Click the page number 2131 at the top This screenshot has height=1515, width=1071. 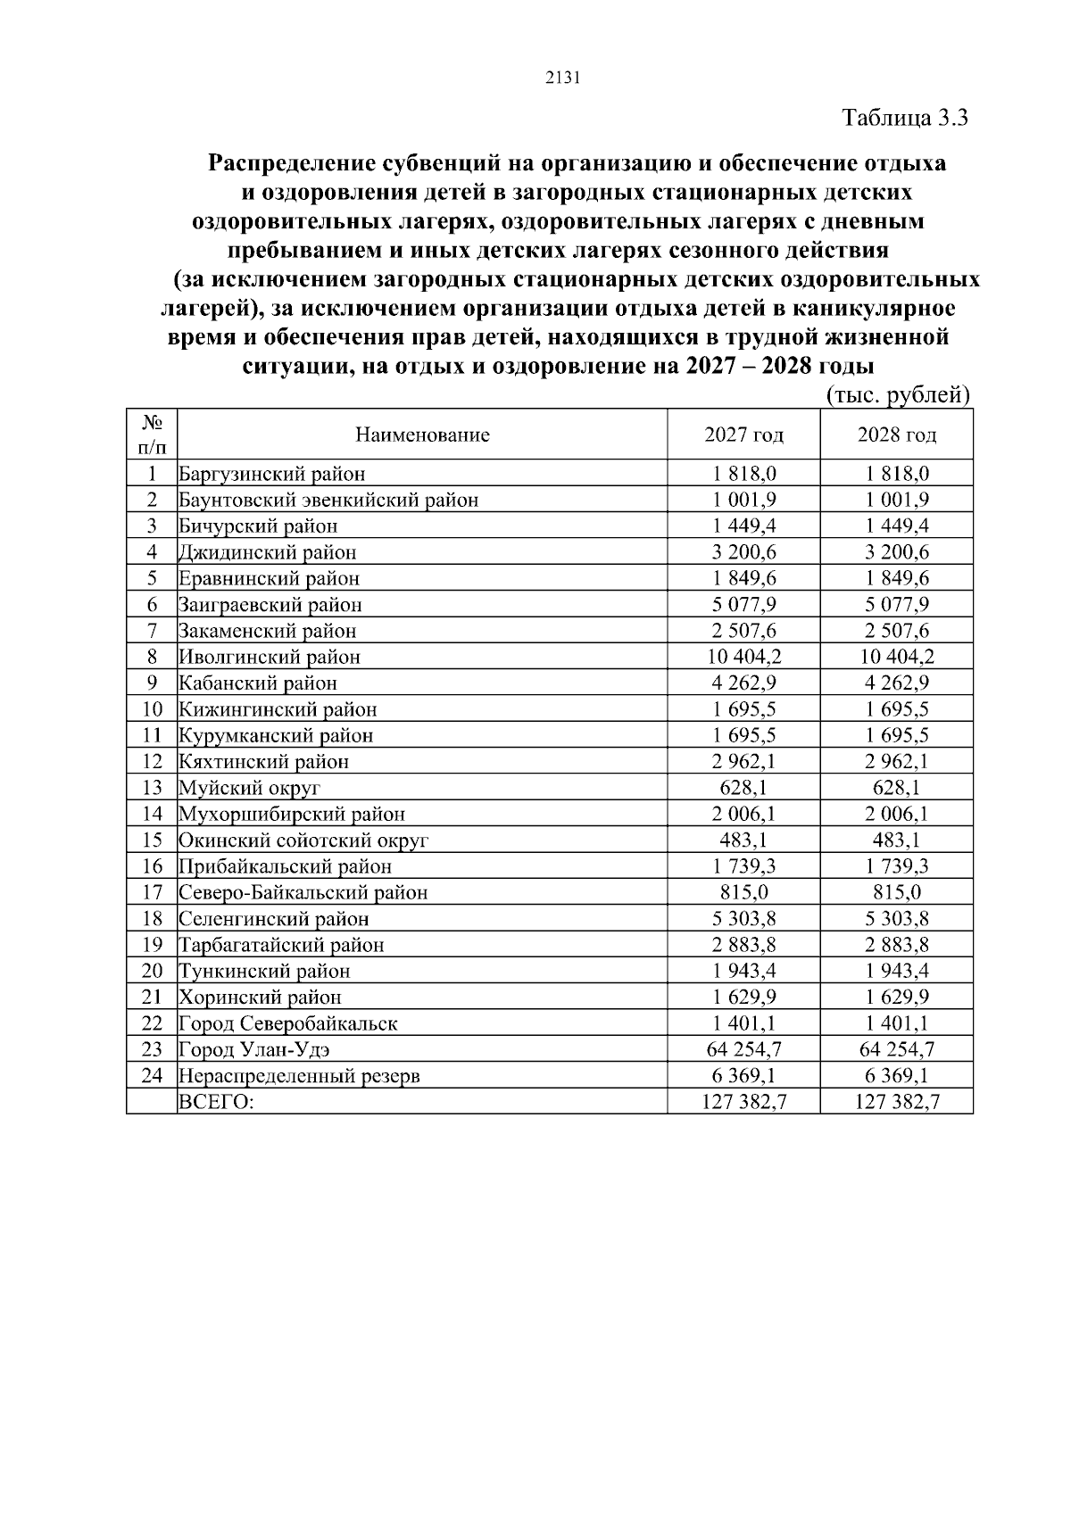tap(562, 79)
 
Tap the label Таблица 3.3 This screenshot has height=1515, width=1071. tap(905, 118)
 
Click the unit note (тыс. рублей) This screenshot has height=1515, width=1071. tap(897, 395)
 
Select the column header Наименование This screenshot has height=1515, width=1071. tap(422, 435)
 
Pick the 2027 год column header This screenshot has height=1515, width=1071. tap(743, 435)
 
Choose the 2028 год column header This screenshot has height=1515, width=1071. tap(896, 435)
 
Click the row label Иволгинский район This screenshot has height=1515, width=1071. tap(270, 658)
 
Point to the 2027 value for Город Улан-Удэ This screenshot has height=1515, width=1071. tap(743, 1050)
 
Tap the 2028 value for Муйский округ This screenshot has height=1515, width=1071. tap(896, 788)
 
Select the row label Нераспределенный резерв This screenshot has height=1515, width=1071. tap(299, 1076)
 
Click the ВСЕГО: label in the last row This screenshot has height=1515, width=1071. tap(216, 1102)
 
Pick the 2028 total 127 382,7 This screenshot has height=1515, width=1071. tap(896, 1102)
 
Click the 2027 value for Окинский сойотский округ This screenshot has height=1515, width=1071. tap(743, 840)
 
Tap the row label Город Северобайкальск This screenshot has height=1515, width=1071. tap(287, 1024)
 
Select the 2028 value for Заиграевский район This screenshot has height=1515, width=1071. tap(896, 605)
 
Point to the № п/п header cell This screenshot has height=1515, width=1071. tap(152, 435)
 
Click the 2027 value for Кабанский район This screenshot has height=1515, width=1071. tap(743, 683)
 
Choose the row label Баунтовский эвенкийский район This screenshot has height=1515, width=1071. tap(328, 501)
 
